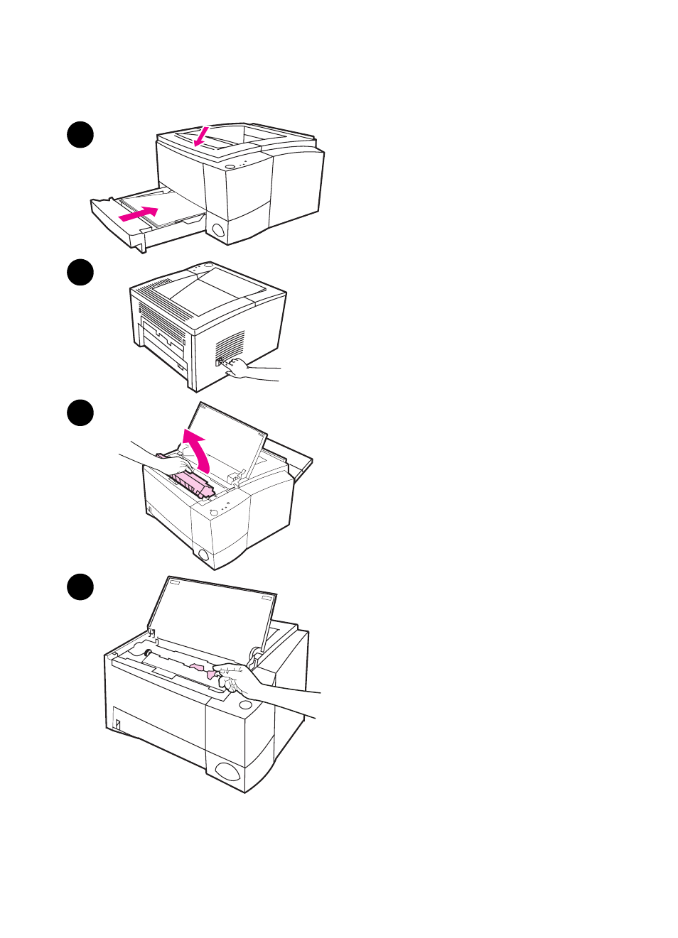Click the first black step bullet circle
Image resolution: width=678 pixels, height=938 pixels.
point(80,134)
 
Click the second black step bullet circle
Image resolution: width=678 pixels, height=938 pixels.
point(80,273)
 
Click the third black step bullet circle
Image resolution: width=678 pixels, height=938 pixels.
point(80,413)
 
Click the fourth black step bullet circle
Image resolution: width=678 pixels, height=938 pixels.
point(80,587)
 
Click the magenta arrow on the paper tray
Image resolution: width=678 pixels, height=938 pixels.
point(139,213)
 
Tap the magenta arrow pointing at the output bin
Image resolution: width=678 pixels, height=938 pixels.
point(202,136)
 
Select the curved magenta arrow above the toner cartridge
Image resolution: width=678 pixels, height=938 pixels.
point(197,447)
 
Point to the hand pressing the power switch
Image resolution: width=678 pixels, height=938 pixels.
point(239,369)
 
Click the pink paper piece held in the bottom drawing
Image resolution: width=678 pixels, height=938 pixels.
point(203,669)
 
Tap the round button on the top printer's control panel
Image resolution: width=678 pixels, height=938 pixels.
point(230,167)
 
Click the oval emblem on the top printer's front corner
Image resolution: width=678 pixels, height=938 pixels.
point(217,230)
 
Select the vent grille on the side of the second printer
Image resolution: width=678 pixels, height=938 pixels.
point(230,344)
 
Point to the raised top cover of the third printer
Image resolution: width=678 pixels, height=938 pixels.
point(224,440)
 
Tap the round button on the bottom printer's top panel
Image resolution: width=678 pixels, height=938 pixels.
point(245,704)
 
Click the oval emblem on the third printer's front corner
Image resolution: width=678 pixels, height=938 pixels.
point(203,555)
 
